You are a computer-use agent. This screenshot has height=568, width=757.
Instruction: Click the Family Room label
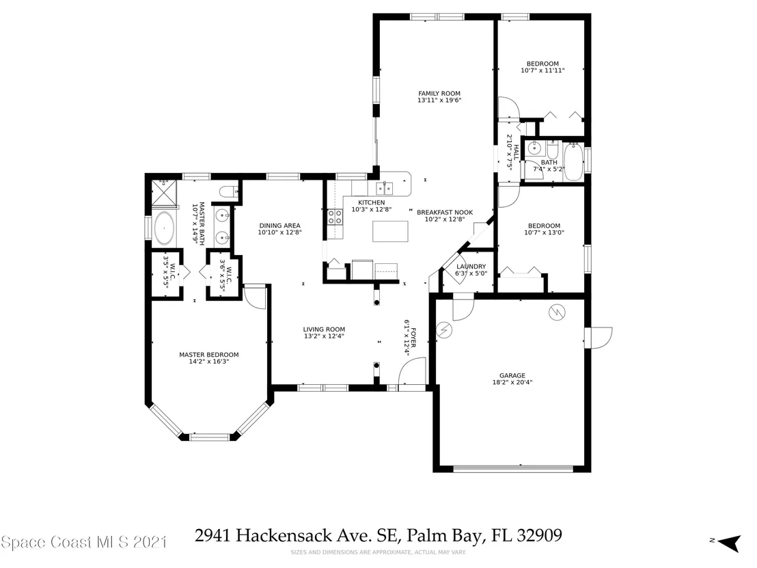(439, 94)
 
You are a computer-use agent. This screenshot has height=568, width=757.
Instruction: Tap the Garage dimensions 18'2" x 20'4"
(512, 382)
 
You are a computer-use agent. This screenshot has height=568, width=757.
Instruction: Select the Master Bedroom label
(209, 355)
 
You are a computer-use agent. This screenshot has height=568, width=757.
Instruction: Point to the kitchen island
(390, 231)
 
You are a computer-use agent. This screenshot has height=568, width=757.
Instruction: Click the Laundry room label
(471, 267)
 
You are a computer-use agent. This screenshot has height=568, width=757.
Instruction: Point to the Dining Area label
(279, 226)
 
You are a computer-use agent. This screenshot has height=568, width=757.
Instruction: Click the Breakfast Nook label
(445, 212)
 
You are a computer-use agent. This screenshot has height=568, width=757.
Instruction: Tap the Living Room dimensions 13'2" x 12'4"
(324, 336)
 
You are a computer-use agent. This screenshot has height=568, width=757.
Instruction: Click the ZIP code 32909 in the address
(539, 535)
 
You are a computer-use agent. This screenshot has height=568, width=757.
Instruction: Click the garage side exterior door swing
(598, 338)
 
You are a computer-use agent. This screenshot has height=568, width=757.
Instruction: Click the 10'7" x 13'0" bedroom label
(544, 229)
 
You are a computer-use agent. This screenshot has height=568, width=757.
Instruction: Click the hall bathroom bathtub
(573, 161)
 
